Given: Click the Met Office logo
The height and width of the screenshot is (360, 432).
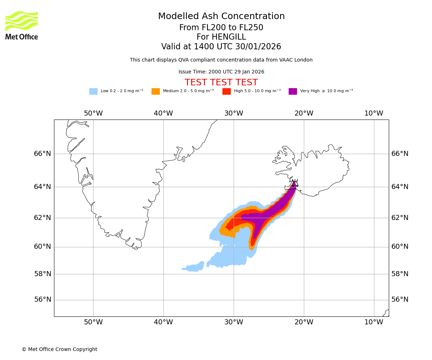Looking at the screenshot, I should pyautogui.click(x=22, y=25).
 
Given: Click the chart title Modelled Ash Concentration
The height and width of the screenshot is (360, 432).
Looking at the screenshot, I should pyautogui.click(x=221, y=17).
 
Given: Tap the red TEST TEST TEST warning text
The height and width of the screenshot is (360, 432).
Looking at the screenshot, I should pyautogui.click(x=221, y=82).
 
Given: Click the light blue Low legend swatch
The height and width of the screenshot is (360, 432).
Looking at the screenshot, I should pyautogui.click(x=93, y=91).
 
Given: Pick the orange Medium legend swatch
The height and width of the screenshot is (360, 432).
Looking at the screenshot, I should pyautogui.click(x=156, y=91).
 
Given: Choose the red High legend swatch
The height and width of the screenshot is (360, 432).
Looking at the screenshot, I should pyautogui.click(x=226, y=91).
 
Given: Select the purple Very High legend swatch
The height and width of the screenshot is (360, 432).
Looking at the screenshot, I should pyautogui.click(x=293, y=91).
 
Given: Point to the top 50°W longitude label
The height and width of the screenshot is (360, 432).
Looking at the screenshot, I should pyautogui.click(x=93, y=113).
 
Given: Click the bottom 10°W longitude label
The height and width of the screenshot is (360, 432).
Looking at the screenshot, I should pyautogui.click(x=374, y=322).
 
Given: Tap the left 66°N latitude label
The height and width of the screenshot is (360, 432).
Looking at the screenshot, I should pyautogui.click(x=42, y=154).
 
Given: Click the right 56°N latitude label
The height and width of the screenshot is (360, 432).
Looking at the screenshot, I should pyautogui.click(x=400, y=300).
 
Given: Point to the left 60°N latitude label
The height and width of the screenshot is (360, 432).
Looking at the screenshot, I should pyautogui.click(x=42, y=247).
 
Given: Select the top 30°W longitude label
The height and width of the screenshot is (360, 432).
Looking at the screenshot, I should pyautogui.click(x=234, y=113).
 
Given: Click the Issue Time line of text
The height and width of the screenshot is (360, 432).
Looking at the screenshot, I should pyautogui.click(x=221, y=72).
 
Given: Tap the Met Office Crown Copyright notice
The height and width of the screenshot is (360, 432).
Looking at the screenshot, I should pyautogui.click(x=59, y=349).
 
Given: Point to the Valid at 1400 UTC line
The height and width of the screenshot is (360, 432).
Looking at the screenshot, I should pyautogui.click(x=221, y=47).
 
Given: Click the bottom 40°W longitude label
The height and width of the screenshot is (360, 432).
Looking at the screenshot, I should pyautogui.click(x=163, y=322).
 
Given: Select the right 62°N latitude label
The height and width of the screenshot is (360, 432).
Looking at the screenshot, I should pyautogui.click(x=400, y=217).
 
